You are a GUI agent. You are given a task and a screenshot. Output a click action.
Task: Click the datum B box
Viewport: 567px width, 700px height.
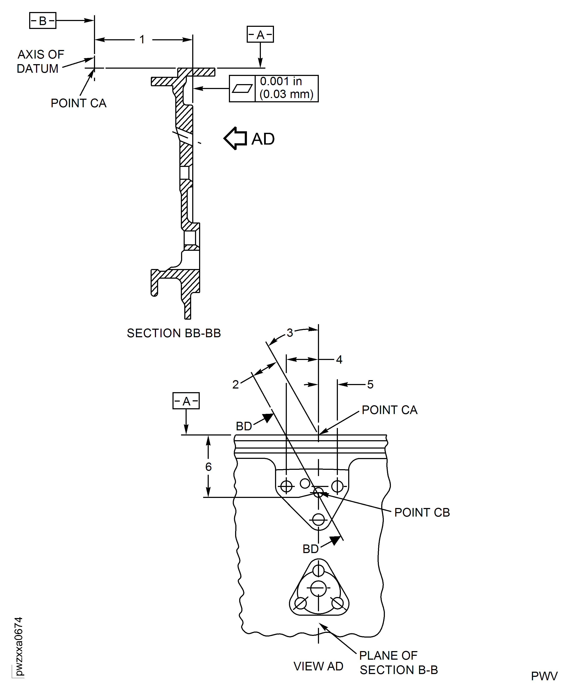43,21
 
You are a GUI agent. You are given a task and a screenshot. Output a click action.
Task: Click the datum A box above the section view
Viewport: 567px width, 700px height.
260,34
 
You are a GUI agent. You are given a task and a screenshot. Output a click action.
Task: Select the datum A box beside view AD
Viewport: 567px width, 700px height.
186,401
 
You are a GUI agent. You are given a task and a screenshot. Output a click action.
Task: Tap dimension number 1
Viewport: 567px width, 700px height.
142,39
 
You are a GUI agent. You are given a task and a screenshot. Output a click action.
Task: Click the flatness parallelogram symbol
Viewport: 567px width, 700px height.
242,89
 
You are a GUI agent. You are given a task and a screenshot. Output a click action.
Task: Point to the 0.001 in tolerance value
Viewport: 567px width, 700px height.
281,81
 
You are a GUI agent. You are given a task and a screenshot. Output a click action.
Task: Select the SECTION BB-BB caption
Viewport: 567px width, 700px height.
174,333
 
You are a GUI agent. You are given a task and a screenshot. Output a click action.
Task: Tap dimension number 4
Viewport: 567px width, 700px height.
339,360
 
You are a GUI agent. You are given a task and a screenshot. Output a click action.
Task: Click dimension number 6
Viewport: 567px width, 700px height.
208,467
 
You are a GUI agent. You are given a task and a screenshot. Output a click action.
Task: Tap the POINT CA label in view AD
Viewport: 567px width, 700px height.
389,410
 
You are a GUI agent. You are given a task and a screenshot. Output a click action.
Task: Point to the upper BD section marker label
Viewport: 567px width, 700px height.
244,426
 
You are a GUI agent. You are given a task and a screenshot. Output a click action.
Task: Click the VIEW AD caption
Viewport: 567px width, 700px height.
318,666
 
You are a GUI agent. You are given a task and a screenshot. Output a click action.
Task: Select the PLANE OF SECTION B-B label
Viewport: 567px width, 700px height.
398,663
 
